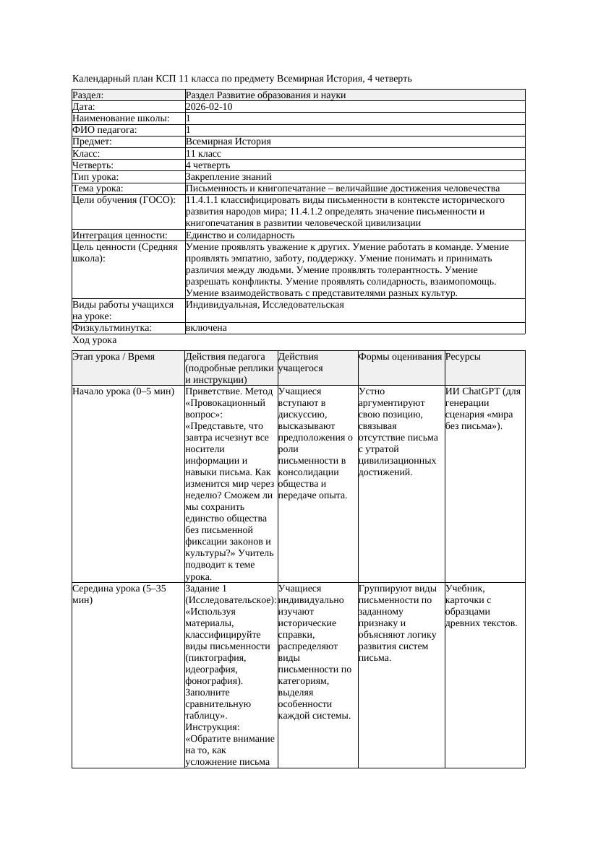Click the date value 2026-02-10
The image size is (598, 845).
pyautogui.click(x=209, y=107)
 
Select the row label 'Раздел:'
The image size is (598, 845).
pyautogui.click(x=88, y=95)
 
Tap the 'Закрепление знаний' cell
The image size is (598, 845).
pyautogui.click(x=228, y=176)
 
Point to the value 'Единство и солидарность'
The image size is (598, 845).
pyautogui.click(x=240, y=235)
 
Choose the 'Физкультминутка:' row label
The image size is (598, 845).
pyautogui.click(x=112, y=328)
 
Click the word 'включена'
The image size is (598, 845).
pyautogui.click(x=206, y=328)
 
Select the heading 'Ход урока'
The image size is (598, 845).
pyautogui.click(x=95, y=340)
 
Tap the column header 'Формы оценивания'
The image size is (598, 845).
pyautogui.click(x=400, y=357)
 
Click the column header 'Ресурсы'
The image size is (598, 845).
pyautogui.click(x=464, y=357)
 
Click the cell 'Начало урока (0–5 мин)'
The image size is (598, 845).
pyautogui.click(x=124, y=391)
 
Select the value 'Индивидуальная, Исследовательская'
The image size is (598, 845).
pyautogui.click(x=265, y=305)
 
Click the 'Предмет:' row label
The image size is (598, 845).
pyautogui.click(x=93, y=142)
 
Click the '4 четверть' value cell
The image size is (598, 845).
pyautogui.click(x=208, y=165)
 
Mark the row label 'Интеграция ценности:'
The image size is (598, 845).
pyautogui.click(x=120, y=235)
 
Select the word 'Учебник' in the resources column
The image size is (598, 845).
pyautogui.click(x=464, y=589)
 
